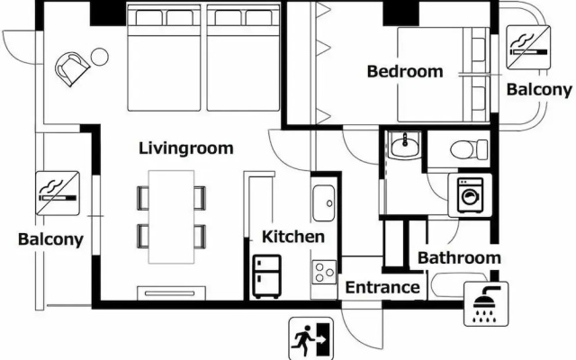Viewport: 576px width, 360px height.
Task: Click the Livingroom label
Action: pyautogui.click(x=186, y=148)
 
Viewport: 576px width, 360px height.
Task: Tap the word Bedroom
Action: pyautogui.click(x=405, y=71)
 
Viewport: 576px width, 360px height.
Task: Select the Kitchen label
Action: pyautogui.click(x=293, y=237)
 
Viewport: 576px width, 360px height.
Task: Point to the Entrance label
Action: pyautogui.click(x=382, y=287)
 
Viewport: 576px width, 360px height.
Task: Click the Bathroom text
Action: pyautogui.click(x=459, y=258)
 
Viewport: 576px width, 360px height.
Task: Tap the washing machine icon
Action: pyautogui.click(x=470, y=195)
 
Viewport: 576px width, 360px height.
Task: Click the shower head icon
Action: pyautogui.click(x=486, y=304)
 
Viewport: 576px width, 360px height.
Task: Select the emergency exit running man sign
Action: pyautogui.click(x=311, y=338)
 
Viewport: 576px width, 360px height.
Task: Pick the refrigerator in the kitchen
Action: pyautogui.click(x=267, y=276)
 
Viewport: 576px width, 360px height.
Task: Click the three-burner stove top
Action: pyautogui.click(x=324, y=272)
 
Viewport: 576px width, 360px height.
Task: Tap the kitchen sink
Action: pyautogui.click(x=324, y=203)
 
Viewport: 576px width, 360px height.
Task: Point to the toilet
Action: pyautogui.click(x=469, y=149)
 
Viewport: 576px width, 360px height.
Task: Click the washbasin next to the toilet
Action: pyautogui.click(x=404, y=145)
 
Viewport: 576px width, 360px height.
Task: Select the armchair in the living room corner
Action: pyautogui.click(x=72, y=68)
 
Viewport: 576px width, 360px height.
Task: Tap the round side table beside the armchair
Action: pyautogui.click(x=100, y=57)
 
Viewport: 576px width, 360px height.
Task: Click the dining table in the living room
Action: pyautogui.click(x=171, y=217)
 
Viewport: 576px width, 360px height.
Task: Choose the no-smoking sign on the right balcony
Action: pyautogui.click(x=528, y=47)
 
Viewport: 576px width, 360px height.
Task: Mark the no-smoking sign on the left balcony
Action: pyautogui.click(x=58, y=193)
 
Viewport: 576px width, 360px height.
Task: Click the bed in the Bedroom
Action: pyautogui.click(x=444, y=75)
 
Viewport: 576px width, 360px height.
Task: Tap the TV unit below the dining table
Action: pyautogui.click(x=172, y=293)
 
